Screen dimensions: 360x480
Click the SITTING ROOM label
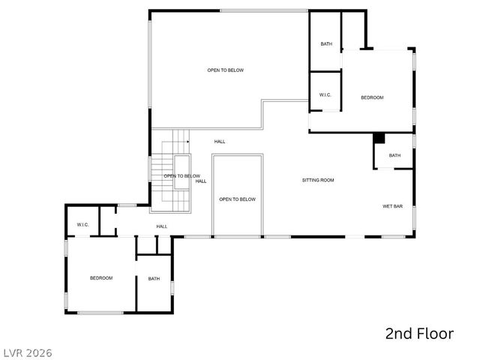[x=318, y=180]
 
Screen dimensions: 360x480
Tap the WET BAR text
[x=393, y=205]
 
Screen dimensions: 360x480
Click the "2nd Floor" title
[x=419, y=334]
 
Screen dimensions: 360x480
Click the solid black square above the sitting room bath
[x=379, y=138]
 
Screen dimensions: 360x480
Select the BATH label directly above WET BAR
[x=394, y=155]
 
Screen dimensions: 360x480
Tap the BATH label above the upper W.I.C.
[x=326, y=43]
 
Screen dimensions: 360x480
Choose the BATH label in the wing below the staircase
[x=154, y=279]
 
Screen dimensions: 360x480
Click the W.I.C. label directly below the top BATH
[x=325, y=94]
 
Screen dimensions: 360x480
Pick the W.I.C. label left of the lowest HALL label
[x=82, y=225]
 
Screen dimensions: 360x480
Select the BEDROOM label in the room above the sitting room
[x=372, y=97]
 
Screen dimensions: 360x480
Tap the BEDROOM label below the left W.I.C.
[x=101, y=278]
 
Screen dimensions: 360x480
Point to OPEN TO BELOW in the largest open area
[x=226, y=70]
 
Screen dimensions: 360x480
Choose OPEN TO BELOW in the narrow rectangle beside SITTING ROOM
[x=237, y=199]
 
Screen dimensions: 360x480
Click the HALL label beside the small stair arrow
[x=220, y=141]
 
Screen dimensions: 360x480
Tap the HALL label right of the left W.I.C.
[x=162, y=226]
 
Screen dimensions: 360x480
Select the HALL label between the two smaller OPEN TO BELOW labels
[x=201, y=181]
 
